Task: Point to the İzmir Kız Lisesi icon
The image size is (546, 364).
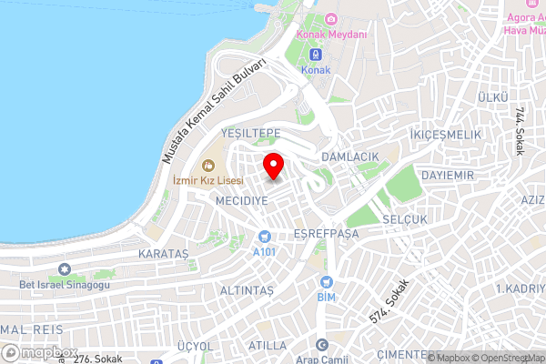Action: coord(207,165)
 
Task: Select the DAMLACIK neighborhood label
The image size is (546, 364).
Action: coord(349,157)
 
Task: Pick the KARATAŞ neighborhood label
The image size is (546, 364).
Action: coord(163,250)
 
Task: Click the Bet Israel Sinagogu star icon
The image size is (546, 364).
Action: coord(65,269)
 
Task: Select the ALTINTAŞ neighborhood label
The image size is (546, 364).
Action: coord(247,289)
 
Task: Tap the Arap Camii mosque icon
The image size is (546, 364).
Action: coord(320,345)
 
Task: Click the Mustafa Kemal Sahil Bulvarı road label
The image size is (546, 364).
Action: coord(215,110)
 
